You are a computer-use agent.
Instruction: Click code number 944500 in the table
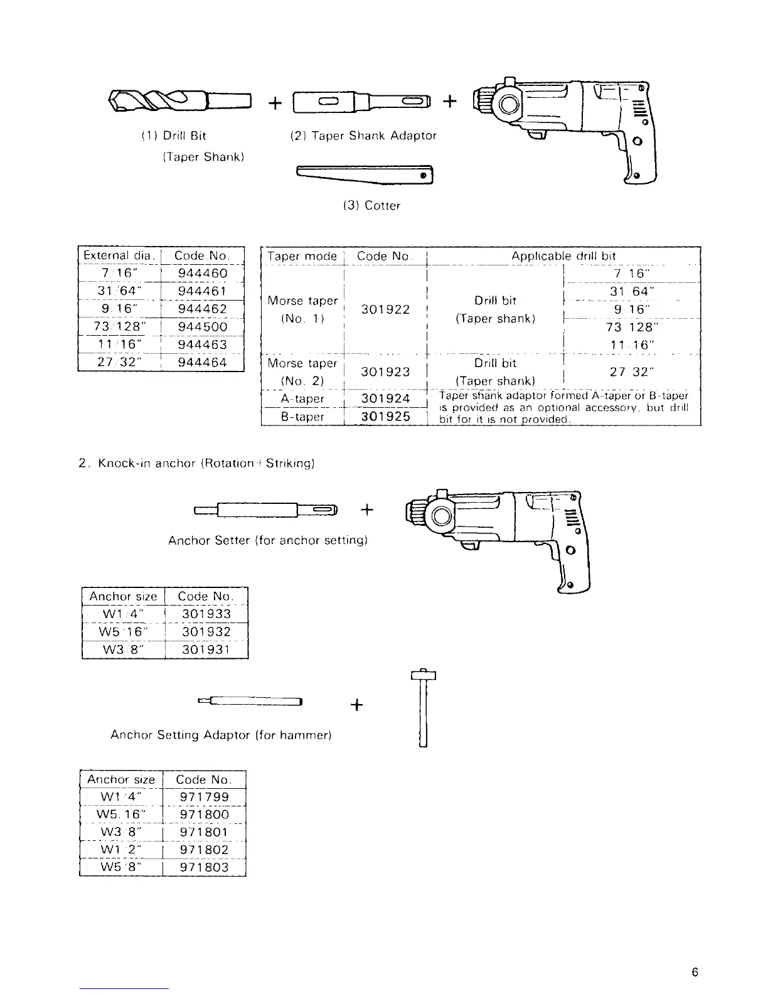pyautogui.click(x=202, y=327)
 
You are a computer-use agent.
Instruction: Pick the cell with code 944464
pyautogui.click(x=202, y=362)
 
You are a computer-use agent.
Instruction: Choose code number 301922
pyautogui.click(x=385, y=309)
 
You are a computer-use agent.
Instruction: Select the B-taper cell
pyautogui.click(x=302, y=417)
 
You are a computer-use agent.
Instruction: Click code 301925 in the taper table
pyautogui.click(x=385, y=417)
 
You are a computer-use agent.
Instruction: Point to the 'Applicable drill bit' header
pyautogui.click(x=563, y=256)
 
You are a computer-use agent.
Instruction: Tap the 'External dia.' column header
pyautogui.click(x=119, y=255)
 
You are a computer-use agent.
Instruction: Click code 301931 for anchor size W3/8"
pyautogui.click(x=206, y=649)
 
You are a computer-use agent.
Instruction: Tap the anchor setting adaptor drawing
pyautogui.click(x=251, y=701)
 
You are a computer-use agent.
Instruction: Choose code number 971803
pyautogui.click(x=204, y=868)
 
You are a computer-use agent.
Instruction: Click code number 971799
pyautogui.click(x=204, y=798)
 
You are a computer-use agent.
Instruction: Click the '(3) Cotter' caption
pyautogui.click(x=371, y=206)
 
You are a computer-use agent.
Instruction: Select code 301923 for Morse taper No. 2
pyautogui.click(x=385, y=372)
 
